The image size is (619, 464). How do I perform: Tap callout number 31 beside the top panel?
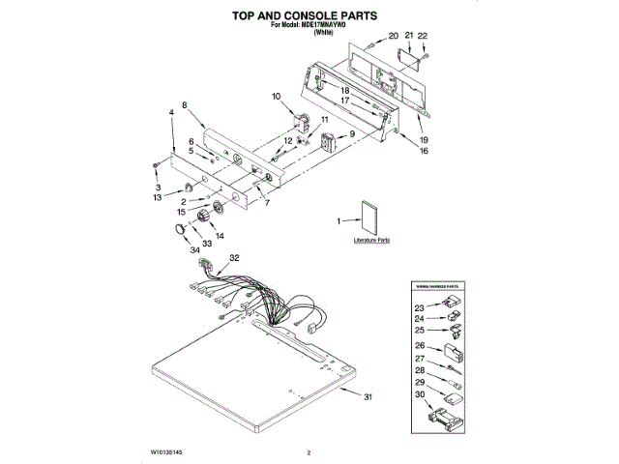tap(367, 398)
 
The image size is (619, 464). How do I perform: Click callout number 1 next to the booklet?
tap(339, 221)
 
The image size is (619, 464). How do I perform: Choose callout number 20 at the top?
tap(393, 36)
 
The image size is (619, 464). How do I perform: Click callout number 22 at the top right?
tap(423, 36)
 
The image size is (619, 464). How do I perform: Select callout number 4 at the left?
tap(171, 113)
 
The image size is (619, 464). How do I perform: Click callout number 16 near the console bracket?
tap(423, 151)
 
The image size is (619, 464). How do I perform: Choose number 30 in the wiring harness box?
tap(420, 395)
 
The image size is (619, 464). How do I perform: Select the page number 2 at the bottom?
tap(308, 452)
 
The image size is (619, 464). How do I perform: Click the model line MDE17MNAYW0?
tap(309, 26)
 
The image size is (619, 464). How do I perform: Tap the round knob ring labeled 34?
tap(178, 227)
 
